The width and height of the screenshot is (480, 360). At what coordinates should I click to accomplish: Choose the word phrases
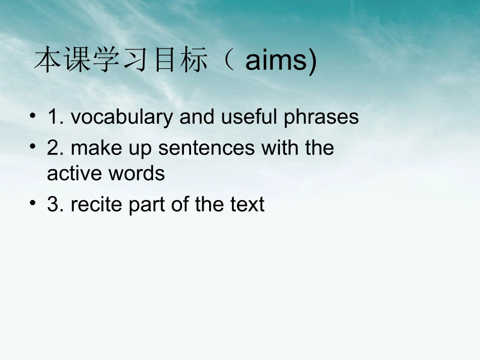321,117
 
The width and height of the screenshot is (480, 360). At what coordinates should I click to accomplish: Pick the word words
136,174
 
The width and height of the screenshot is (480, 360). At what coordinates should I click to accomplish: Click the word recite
97,204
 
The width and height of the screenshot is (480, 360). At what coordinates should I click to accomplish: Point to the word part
146,204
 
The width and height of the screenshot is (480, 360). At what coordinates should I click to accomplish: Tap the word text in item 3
247,204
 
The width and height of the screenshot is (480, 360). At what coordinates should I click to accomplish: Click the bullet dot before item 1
33,117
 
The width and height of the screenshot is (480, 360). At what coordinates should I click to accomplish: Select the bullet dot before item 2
33,147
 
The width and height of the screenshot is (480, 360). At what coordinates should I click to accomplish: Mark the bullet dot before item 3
33,204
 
